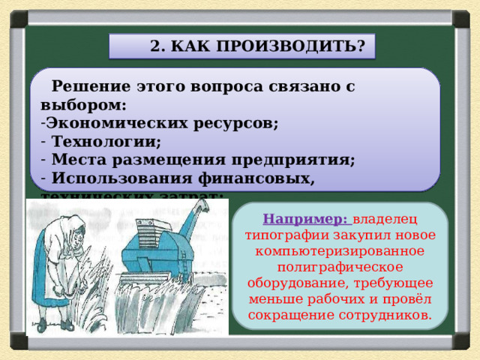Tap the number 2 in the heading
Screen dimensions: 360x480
coord(155,46)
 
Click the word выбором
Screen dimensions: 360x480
coord(82,105)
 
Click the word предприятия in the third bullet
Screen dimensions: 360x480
coord(304,160)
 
